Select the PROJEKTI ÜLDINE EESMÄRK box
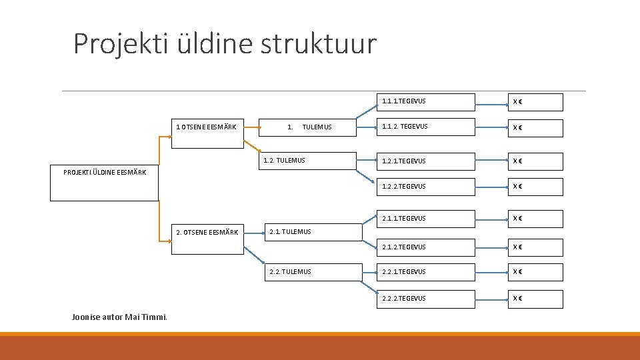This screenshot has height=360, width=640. [x=104, y=183]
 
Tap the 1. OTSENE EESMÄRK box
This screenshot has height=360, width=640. [x=207, y=127]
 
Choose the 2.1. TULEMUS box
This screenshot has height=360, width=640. [x=313, y=232]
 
